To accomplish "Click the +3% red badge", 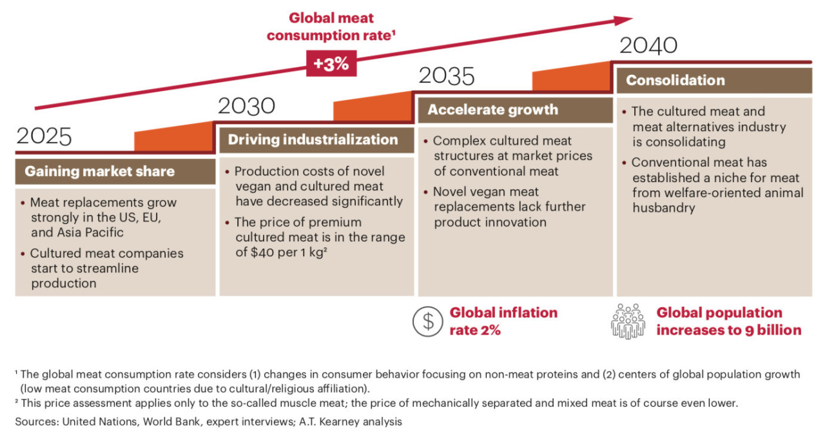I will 331,64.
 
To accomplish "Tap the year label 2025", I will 44,137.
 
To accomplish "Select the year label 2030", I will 246,106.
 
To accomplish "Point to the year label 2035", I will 447,76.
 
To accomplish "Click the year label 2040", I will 648,46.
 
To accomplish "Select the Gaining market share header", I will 99,172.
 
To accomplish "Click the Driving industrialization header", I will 313,140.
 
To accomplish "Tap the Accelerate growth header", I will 493,110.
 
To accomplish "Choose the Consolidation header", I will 675,81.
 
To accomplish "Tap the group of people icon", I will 627,321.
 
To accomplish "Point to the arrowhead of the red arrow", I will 624,20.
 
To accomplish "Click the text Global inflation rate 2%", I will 503,321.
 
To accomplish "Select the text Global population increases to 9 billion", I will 728,321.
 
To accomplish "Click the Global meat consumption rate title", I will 331,26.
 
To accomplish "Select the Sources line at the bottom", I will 208,422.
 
